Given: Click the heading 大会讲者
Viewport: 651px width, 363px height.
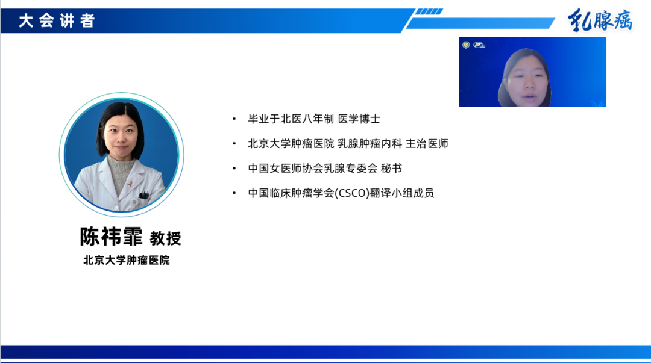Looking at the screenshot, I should [x=57, y=21].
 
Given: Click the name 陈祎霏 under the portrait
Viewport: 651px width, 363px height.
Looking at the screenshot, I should [x=112, y=237].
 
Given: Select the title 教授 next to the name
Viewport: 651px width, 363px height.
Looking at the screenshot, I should [x=166, y=238].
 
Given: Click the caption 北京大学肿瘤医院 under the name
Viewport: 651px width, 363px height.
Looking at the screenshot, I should [x=127, y=261].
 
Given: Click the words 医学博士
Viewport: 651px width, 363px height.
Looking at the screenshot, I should [x=359, y=119].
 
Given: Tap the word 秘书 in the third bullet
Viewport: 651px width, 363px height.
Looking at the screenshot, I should [x=391, y=169].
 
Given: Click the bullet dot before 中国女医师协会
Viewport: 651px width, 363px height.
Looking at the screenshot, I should [x=234, y=169].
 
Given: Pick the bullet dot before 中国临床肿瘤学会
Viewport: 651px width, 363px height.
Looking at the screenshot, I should [x=234, y=193].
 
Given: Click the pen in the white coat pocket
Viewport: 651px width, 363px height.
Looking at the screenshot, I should [x=144, y=194].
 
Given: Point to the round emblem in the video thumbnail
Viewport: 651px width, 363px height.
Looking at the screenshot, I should [x=466, y=45].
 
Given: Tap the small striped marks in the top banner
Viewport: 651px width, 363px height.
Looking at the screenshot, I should [x=429, y=11].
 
